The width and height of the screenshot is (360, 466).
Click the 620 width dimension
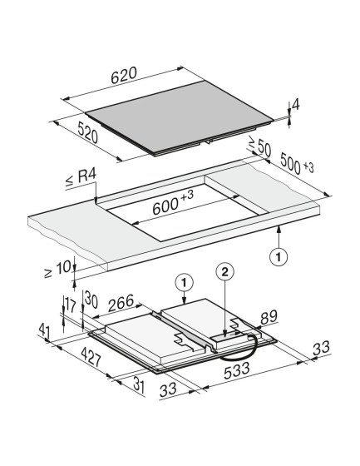coord(124,75)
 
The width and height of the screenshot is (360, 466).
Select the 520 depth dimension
coord(87,133)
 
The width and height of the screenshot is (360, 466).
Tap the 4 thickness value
coord(295,105)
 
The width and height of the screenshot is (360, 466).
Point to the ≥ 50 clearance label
coord(259,146)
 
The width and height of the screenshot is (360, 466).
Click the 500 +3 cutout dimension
coord(297,164)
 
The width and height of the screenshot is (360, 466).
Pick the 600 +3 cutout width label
coord(173,202)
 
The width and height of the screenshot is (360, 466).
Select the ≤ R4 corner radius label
coord(81,178)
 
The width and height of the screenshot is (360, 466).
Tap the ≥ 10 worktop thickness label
coord(57,269)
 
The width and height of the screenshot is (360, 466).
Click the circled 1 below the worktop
coord(279,256)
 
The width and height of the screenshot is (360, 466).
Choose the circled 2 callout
coord(225,271)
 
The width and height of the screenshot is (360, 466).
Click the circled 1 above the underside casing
coord(185,282)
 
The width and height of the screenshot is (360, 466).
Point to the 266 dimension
coord(121,303)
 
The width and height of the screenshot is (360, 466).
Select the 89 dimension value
coord(269,317)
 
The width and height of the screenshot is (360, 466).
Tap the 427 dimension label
coord(91,357)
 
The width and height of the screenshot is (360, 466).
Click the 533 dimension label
coord(237,370)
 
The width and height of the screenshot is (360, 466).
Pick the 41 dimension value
coord(44,332)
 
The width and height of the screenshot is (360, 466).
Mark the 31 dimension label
coord(139,385)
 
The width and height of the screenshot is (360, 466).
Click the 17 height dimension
coord(71,305)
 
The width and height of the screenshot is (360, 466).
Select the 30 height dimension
coord(91,300)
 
